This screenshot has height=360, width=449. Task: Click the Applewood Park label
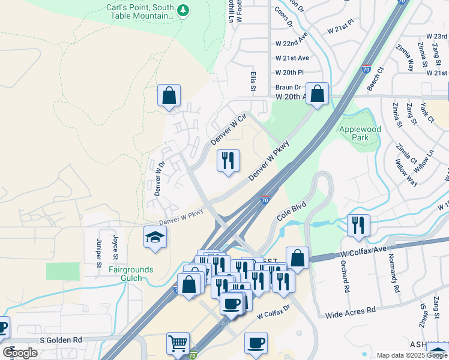coord(360,133)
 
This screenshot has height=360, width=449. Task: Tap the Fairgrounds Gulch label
coord(130,274)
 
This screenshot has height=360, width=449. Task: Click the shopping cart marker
coord(178,344)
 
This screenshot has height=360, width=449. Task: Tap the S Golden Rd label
coord(61,340)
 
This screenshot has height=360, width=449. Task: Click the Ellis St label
coord(253,79)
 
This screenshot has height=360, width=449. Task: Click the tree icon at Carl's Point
coord(184,10)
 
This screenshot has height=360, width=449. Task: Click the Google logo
coord(20,353)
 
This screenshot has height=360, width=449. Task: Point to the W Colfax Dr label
coord(273,311)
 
